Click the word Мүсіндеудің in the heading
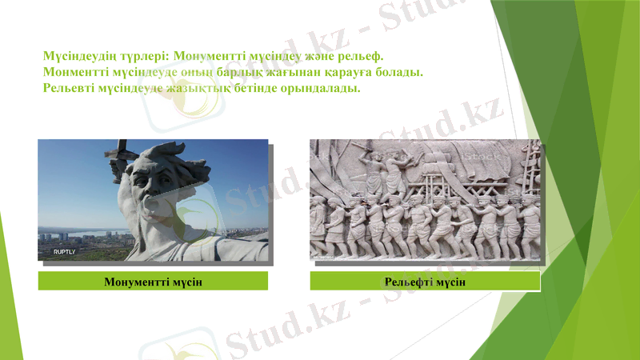tap(75, 58)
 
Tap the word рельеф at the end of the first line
tap(360, 58)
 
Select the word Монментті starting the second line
tap(77, 73)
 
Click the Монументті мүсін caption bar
tap(153, 281)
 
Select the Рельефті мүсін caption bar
tap(425, 282)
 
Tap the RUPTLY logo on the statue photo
tap(64, 252)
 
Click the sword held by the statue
tap(119, 151)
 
